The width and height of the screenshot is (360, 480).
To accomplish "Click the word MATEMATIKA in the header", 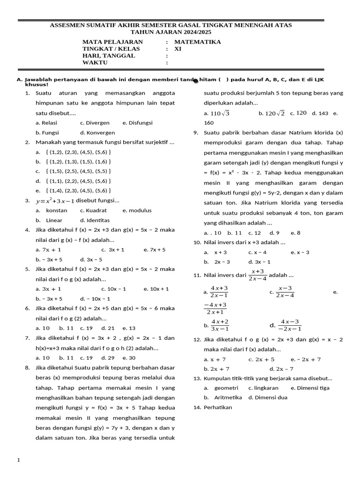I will [x=197, y=42].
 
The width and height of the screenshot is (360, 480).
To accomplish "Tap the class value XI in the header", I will [x=178, y=48].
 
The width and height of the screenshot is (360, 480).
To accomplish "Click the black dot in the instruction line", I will [x=195, y=81].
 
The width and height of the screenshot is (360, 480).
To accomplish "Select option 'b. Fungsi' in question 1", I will [x=47, y=133].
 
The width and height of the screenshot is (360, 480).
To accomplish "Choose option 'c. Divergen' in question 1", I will [x=95, y=123].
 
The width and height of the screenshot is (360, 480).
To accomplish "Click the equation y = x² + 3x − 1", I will [x=55, y=201].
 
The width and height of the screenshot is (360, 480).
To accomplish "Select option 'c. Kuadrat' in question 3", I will [x=93, y=210].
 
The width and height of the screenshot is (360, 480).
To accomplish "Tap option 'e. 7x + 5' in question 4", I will [x=155, y=250].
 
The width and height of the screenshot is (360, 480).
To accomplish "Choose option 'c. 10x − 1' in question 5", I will [x=113, y=289].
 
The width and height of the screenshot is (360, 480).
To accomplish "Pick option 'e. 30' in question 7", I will [x=129, y=358].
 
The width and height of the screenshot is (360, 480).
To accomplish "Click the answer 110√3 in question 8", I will [x=217, y=113].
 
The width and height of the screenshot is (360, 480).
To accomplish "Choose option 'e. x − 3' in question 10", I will [x=300, y=252].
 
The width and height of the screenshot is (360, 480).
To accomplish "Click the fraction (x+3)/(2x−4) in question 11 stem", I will [x=257, y=275].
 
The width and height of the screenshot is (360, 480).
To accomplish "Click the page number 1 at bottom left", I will [x=19, y=460].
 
